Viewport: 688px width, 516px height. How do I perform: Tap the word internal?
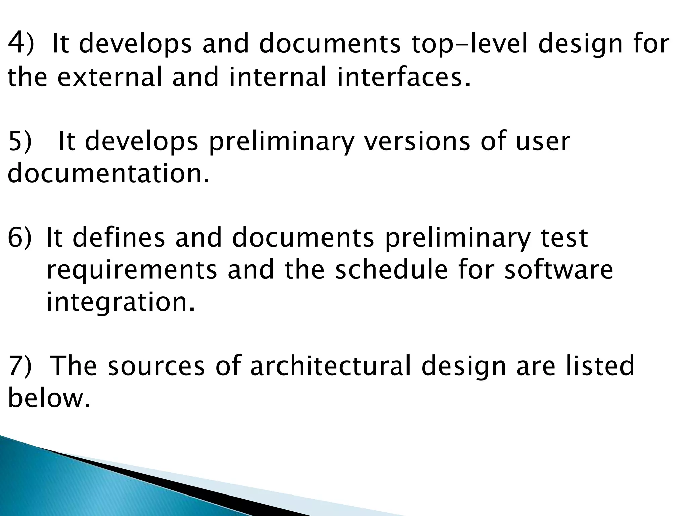[x=277, y=77]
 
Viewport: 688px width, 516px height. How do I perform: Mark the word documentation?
[x=108, y=173]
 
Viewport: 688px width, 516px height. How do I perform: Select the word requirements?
[x=132, y=271]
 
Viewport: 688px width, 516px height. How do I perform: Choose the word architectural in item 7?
[x=331, y=366]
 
